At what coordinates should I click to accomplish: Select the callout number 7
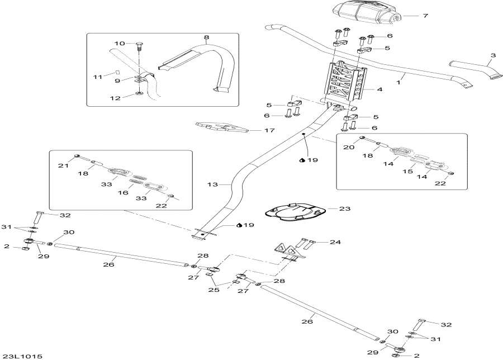click(425, 16)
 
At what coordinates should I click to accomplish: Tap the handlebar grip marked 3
click(473, 70)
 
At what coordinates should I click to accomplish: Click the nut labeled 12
click(139, 93)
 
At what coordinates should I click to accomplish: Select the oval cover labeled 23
click(295, 212)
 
